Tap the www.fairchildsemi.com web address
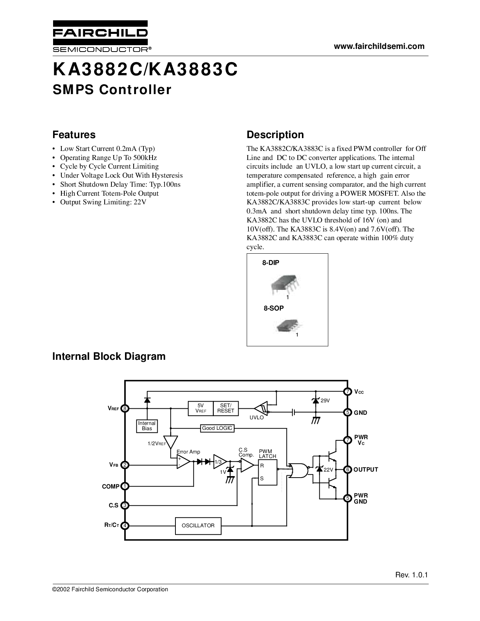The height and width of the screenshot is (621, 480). tap(379, 46)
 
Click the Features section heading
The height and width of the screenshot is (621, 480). tap(74, 135)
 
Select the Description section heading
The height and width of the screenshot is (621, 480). tap(275, 135)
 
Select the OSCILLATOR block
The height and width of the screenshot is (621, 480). tap(198, 526)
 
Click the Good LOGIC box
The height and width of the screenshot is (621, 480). tap(217, 428)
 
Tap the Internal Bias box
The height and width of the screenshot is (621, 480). tap(147, 426)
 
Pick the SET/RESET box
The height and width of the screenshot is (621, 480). tap(226, 408)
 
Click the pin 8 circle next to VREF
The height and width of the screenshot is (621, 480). tap(125, 408)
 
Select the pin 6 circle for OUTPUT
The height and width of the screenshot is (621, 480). tap(348, 469)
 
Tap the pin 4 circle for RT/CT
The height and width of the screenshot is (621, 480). tap(125, 525)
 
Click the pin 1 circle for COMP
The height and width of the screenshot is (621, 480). tap(125, 486)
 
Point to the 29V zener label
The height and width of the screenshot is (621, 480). tap(325, 400)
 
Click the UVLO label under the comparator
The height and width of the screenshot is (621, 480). tap(257, 418)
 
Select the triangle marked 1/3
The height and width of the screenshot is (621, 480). tap(219, 462)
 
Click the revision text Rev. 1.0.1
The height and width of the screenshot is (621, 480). tap(412, 575)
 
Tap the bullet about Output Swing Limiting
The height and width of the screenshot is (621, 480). tap(103, 202)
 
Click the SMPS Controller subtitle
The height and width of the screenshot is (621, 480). tap(111, 90)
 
